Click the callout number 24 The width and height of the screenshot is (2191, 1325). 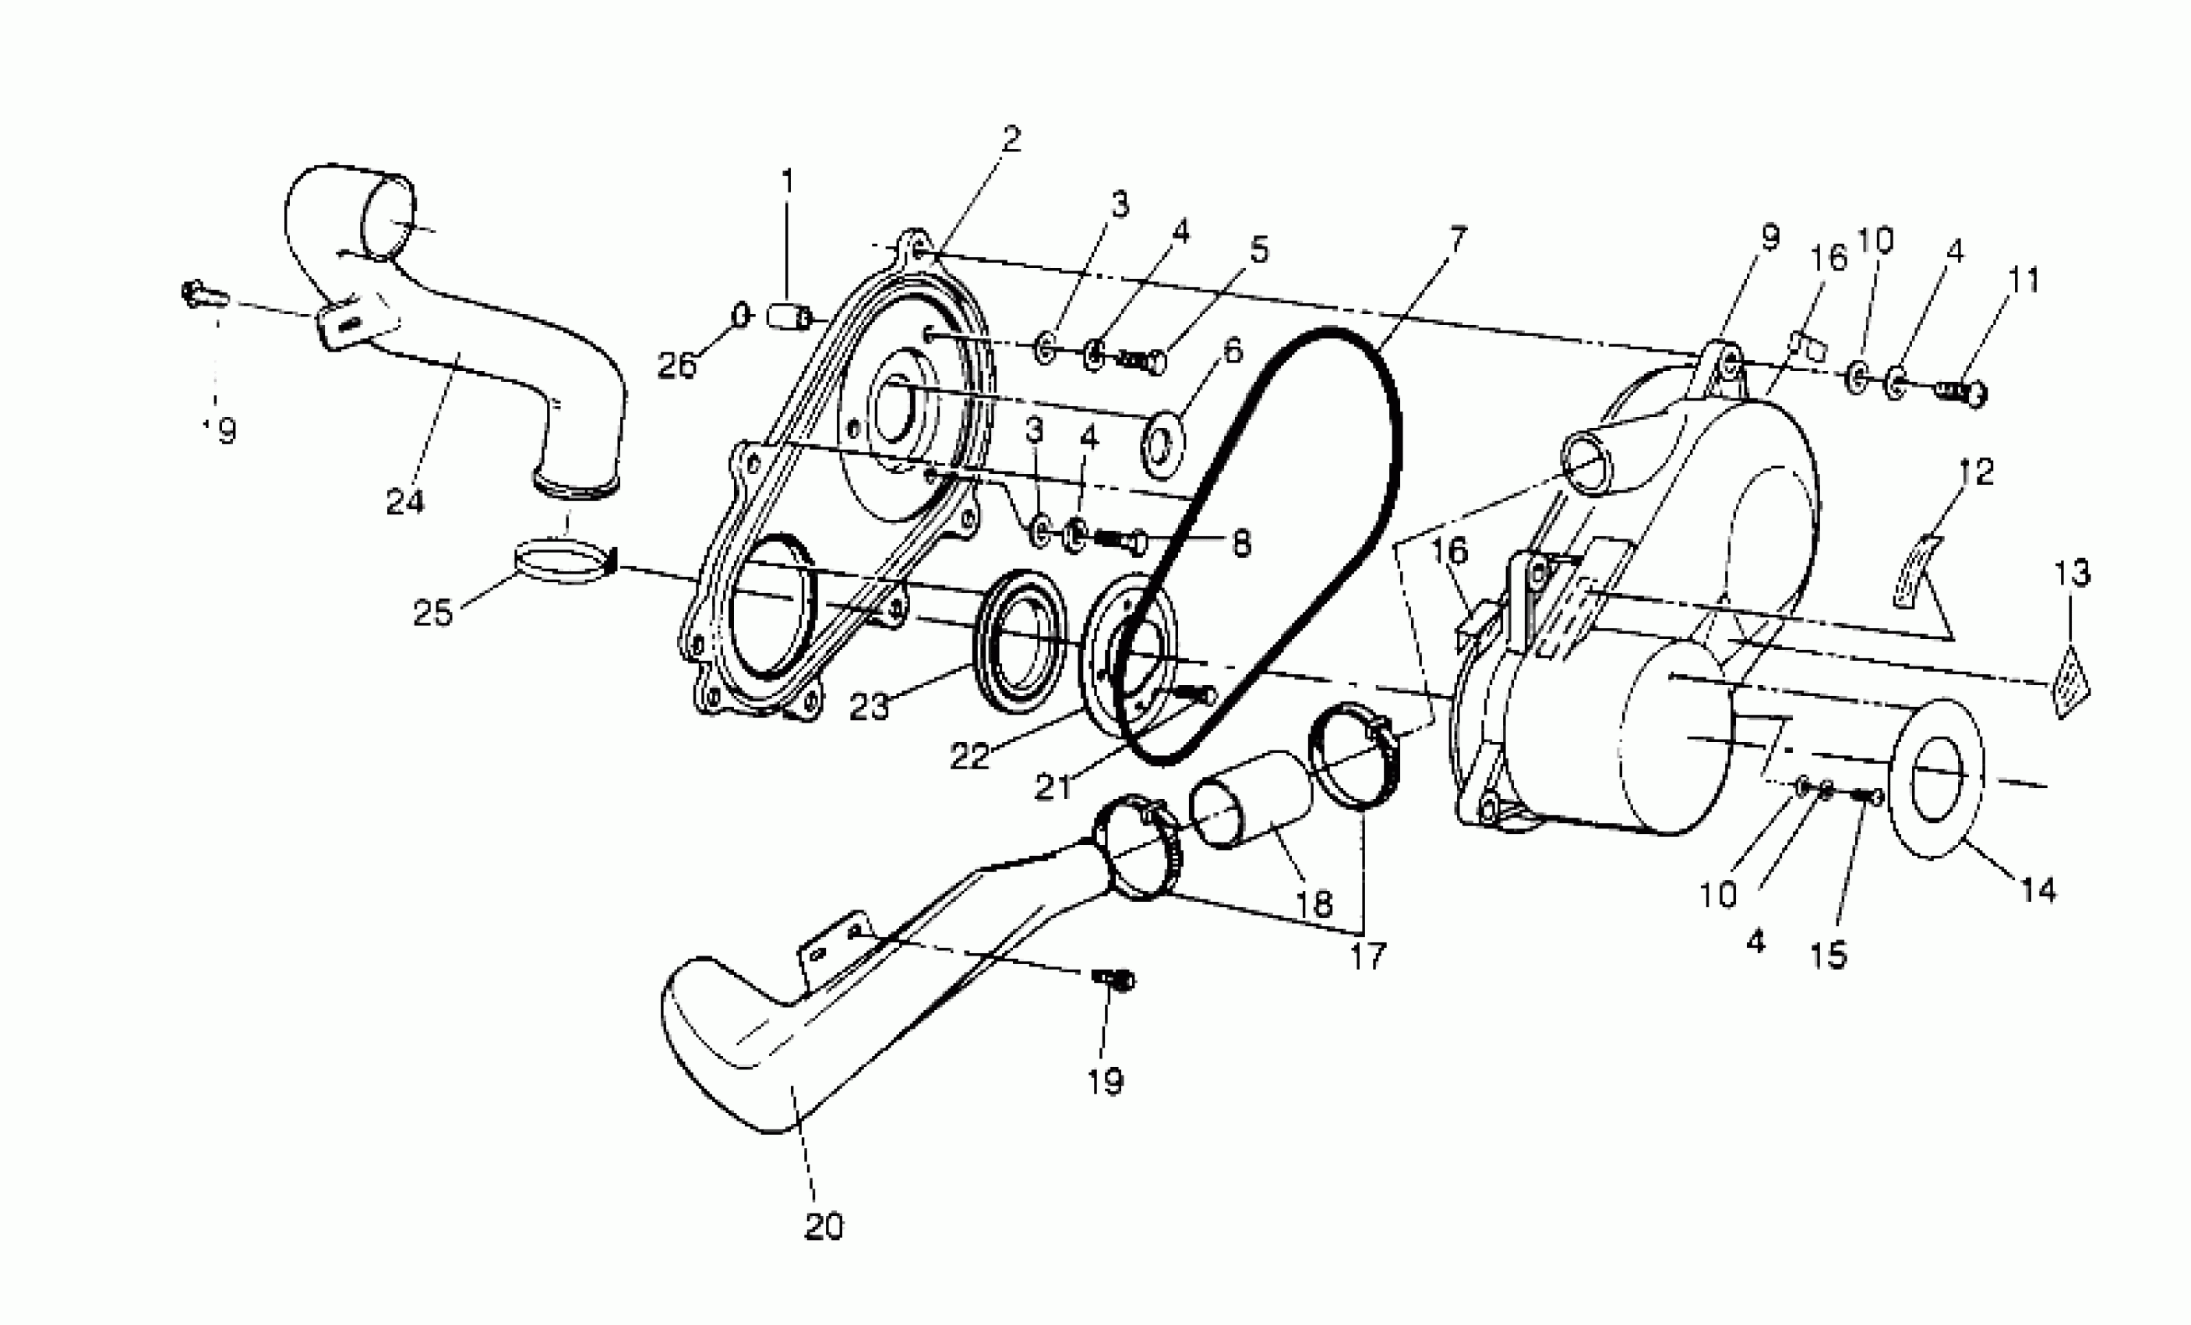tap(404, 503)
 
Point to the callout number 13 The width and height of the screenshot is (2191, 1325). tap(2072, 574)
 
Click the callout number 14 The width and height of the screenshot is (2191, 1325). tap(2038, 889)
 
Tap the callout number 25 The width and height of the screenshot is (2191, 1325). tap(433, 613)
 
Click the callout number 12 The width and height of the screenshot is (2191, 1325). tap(1975, 472)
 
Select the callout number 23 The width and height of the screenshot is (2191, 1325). tap(869, 708)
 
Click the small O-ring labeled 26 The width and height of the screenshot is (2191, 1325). tap(741, 315)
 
